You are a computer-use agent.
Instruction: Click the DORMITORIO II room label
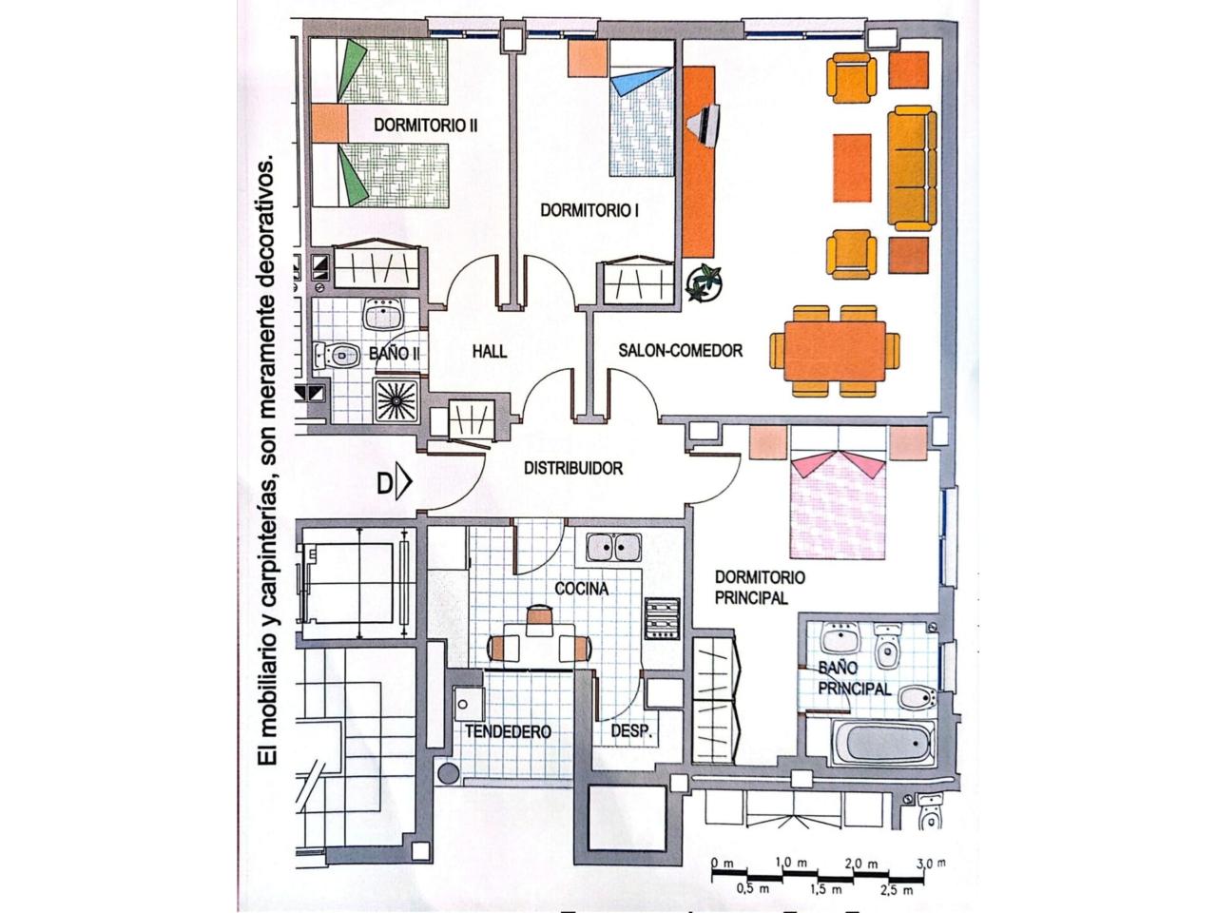tap(425, 126)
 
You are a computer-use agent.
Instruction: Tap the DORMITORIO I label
tap(589, 210)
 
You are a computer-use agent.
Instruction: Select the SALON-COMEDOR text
tap(681, 350)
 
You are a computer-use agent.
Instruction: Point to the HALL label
tap(490, 352)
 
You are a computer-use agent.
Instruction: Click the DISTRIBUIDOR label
tap(573, 469)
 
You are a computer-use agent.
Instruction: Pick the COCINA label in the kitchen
tap(582, 589)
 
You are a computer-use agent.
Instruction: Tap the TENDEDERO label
tap(508, 731)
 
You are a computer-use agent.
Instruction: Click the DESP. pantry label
tap(631, 731)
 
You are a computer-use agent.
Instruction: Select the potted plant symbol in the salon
tap(704, 283)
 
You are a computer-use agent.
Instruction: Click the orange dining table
tap(835, 351)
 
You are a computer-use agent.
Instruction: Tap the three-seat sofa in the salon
tap(912, 168)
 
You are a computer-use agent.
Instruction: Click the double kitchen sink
tap(614, 547)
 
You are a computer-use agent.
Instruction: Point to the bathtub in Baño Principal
tap(884, 744)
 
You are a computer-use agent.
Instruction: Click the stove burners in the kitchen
tap(662, 618)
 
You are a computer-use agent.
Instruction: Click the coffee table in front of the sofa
tap(852, 168)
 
